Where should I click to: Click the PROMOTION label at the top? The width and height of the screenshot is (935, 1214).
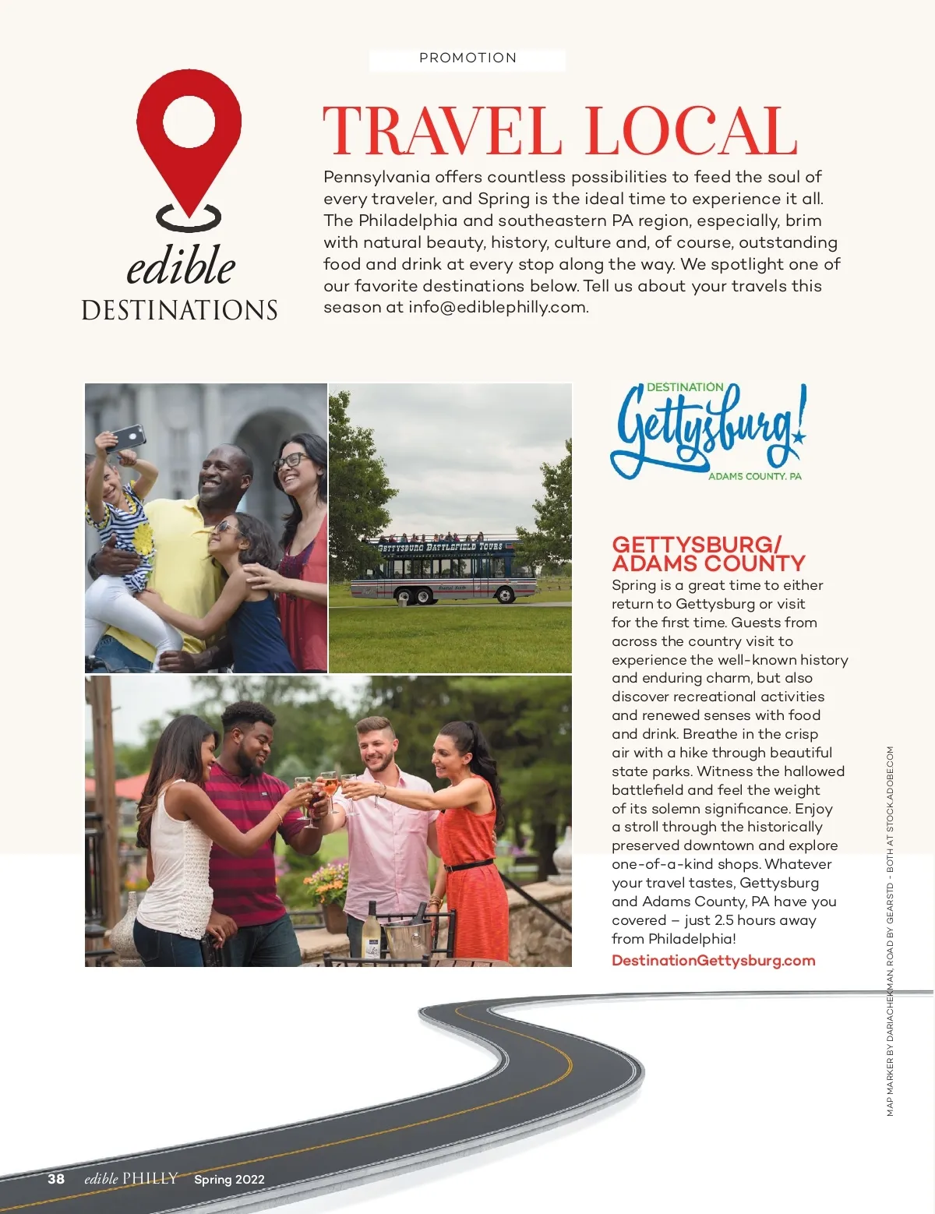[x=467, y=58]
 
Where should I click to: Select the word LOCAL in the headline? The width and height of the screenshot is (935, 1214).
[x=691, y=131]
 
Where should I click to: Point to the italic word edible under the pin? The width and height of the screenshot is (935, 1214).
[x=181, y=266]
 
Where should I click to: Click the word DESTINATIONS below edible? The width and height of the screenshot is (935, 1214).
[x=180, y=310]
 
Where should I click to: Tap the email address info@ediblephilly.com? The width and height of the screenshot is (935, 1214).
[x=497, y=307]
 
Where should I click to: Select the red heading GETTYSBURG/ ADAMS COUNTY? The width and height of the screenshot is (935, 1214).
[x=707, y=553]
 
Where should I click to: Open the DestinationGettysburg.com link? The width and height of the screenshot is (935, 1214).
[x=713, y=960]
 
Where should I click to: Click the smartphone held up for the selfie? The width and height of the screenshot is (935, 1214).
[x=127, y=438]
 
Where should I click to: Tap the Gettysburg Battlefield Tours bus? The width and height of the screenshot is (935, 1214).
[x=443, y=569]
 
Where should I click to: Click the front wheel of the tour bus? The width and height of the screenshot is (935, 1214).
[x=505, y=596]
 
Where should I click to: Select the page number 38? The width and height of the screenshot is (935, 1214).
[x=56, y=1179]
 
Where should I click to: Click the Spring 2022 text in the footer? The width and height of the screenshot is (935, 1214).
[x=229, y=1180]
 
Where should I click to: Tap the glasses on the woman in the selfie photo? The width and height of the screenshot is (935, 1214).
[x=290, y=461]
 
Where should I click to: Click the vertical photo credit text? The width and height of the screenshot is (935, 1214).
[x=891, y=931]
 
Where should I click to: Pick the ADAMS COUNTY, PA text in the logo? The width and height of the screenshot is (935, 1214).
[x=754, y=476]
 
